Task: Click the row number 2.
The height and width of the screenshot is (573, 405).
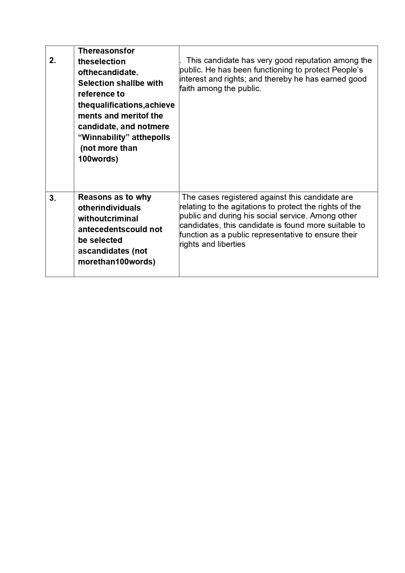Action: click(x=53, y=60)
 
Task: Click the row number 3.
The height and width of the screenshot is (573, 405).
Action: click(x=53, y=198)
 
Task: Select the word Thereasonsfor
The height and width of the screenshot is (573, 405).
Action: click(x=106, y=51)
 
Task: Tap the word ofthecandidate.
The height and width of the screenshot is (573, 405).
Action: click(x=108, y=72)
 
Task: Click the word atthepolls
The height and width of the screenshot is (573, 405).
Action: click(x=151, y=137)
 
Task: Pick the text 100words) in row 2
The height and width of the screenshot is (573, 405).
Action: click(x=98, y=159)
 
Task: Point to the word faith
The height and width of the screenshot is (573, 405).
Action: click(x=187, y=88)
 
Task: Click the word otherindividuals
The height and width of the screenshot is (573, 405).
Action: click(x=109, y=208)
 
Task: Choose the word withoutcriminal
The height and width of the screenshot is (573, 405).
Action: click(x=108, y=219)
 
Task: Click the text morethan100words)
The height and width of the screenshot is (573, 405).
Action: click(x=117, y=262)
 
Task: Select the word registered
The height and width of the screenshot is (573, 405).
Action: click(x=240, y=197)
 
